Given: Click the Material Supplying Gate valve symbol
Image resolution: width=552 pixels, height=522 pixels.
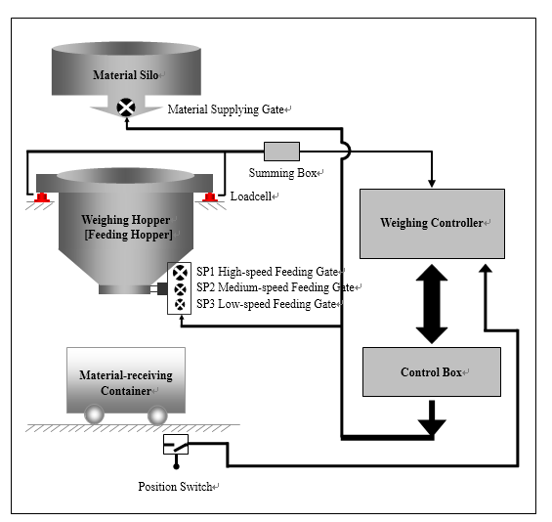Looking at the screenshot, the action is (126, 108).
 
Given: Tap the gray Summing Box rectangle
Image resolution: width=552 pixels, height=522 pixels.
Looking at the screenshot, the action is (281, 152).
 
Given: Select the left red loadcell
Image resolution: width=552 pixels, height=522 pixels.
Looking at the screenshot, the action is (42, 197).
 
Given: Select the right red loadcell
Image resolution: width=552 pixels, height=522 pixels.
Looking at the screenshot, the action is (209, 197).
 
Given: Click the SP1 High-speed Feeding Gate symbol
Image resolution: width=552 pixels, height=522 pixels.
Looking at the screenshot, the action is (180, 273).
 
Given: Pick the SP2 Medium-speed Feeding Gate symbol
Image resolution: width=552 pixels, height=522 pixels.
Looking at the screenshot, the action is (180, 289).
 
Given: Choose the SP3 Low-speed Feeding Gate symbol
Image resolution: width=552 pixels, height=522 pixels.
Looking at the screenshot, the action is (180, 304).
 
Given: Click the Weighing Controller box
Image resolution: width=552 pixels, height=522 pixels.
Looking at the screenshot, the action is (432, 224).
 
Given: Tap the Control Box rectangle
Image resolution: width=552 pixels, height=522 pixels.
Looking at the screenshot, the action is (432, 372).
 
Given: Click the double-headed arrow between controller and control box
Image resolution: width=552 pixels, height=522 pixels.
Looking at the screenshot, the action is (432, 304).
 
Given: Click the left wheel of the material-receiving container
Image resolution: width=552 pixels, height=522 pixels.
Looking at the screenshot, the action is (95, 414).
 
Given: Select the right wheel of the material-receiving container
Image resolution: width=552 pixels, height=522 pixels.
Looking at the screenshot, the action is (157, 415).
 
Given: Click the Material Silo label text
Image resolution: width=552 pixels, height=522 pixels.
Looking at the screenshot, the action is (126, 75).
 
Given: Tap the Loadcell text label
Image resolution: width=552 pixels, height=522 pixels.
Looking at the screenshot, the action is (251, 196).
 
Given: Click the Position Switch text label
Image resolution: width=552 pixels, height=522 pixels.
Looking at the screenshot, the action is (175, 487).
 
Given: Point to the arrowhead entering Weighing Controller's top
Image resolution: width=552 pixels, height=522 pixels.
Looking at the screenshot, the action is (432, 183).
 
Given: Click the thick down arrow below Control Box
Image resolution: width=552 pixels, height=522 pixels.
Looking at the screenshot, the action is (432, 418).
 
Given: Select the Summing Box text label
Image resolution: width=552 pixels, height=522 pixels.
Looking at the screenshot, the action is (282, 173).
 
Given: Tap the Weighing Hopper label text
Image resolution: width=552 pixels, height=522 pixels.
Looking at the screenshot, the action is (126, 220).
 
